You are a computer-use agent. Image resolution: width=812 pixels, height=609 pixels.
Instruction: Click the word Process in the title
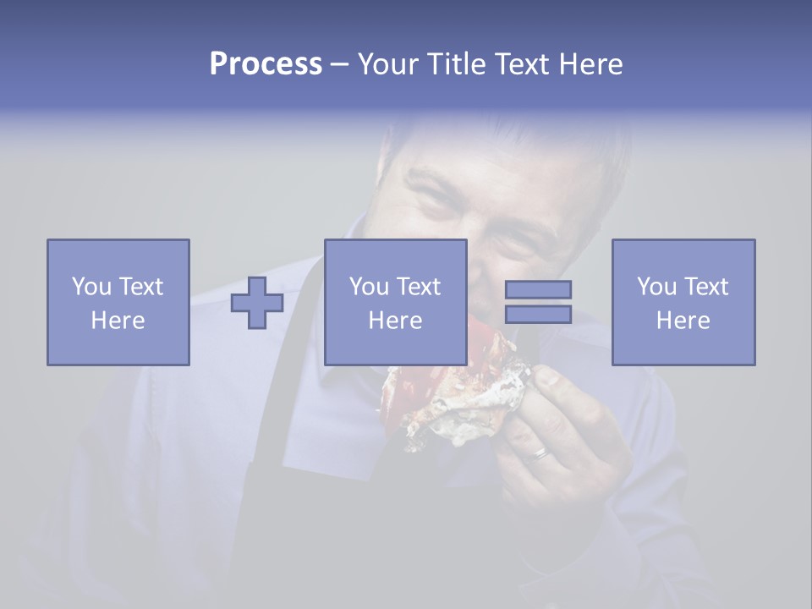coord(266,64)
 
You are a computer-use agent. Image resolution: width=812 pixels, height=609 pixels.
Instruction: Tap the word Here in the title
coord(590,64)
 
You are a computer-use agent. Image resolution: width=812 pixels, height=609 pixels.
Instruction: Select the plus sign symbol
coord(257,302)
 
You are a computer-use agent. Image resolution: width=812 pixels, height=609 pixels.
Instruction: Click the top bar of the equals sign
coord(538,289)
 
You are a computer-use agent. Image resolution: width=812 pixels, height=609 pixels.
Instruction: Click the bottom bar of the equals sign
coord(538,314)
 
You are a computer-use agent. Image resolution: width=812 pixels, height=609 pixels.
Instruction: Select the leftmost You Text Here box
coord(118,302)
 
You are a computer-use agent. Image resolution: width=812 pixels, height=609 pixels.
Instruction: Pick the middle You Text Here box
coord(395,302)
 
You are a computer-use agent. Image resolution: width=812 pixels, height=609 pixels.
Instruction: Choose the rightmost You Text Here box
coord(683,302)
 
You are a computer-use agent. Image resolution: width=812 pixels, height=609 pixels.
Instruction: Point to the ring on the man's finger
coord(540,454)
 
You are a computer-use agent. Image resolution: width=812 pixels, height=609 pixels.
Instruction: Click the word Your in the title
coord(388,64)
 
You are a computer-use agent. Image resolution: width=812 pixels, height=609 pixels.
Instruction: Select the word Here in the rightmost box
coord(683,320)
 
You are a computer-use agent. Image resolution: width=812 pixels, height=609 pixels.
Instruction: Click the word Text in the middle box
coord(418,286)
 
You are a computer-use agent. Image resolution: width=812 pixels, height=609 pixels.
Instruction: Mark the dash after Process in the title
coord(340,64)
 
